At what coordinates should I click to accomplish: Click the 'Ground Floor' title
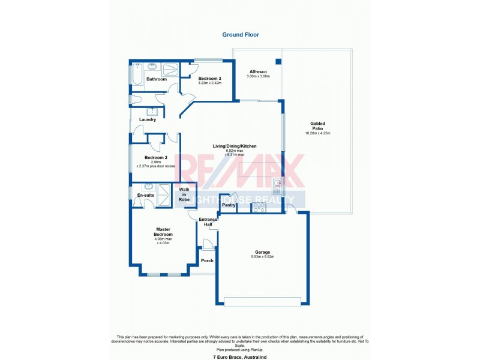coord(240,35)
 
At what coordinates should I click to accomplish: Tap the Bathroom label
coord(157,79)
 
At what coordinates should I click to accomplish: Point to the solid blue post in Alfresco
coord(278,62)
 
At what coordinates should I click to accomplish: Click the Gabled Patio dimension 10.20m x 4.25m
coord(317,133)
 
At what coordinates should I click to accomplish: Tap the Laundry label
coord(148,119)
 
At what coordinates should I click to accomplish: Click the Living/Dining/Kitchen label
coord(235,146)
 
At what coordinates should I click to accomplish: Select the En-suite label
coord(145,196)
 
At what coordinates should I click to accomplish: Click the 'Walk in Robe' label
coord(184,194)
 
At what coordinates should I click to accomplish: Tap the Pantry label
coord(228,205)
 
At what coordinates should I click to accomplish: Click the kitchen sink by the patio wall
coord(277,184)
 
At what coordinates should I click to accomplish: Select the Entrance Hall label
coord(208,221)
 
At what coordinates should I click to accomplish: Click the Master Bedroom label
coord(164,231)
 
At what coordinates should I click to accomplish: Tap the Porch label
coord(207,260)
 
